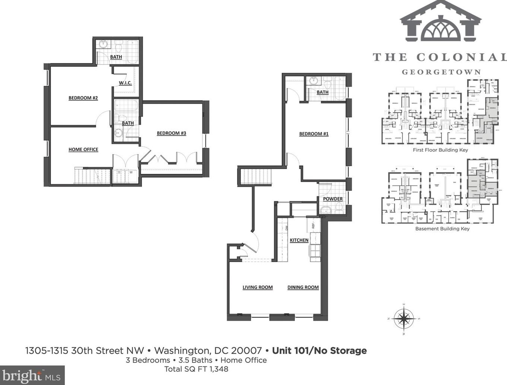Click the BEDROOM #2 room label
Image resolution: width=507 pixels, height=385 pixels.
click(x=83, y=98)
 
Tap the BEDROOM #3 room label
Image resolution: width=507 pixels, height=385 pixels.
click(x=171, y=133)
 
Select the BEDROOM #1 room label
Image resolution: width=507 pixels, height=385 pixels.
click(x=314, y=134)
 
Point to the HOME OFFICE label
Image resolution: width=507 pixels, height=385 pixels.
click(x=83, y=149)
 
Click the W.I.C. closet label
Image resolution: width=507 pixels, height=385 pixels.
click(x=125, y=83)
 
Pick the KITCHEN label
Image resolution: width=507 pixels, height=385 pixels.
click(x=299, y=240)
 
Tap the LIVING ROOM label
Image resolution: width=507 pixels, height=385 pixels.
click(x=258, y=287)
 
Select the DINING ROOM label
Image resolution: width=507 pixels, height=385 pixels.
click(x=303, y=287)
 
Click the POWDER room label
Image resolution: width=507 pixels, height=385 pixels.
click(x=332, y=199)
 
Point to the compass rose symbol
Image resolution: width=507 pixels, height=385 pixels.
click(x=404, y=318)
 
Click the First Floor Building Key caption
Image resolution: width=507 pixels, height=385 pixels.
click(x=440, y=150)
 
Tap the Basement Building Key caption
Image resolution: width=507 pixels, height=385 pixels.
click(x=442, y=229)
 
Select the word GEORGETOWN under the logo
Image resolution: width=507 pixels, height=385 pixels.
click(x=441, y=72)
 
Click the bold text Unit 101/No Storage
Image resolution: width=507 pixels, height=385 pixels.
click(x=319, y=350)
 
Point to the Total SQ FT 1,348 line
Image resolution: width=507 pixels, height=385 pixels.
click(x=196, y=369)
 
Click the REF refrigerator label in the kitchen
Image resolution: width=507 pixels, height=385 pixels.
click(x=313, y=225)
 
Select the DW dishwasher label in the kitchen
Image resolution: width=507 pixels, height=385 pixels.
click(x=287, y=228)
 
